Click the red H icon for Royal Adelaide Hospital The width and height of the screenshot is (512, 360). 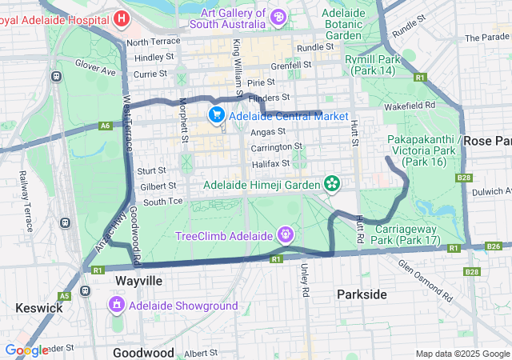[122, 18]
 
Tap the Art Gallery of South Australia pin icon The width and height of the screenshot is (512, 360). [278, 15]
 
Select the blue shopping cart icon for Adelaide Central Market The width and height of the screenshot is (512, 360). [216, 116]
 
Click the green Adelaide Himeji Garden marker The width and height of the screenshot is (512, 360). [332, 185]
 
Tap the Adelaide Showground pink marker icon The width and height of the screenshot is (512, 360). [117, 306]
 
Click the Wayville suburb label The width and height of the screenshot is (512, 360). [138, 282]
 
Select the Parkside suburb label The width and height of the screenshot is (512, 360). [362, 294]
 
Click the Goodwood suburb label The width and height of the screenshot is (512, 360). [143, 353]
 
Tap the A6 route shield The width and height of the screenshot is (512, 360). [106, 126]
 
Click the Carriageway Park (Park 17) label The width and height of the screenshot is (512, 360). [407, 234]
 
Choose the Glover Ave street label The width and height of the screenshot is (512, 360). [96, 66]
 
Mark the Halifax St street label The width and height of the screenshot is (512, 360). [270, 163]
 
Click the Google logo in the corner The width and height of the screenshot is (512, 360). [26, 350]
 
